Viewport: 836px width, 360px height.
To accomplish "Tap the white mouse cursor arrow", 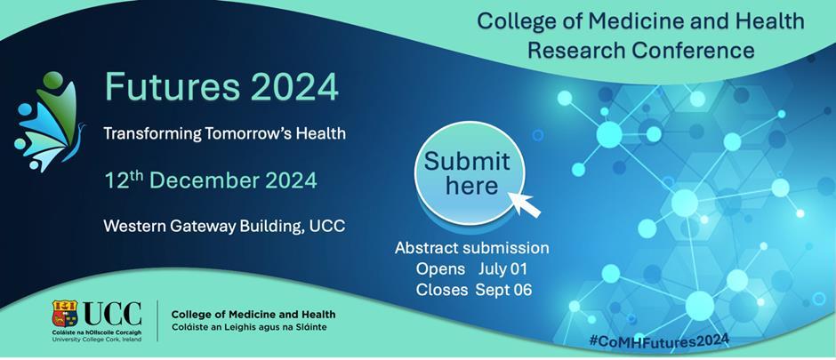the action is pyautogui.click(x=524, y=204).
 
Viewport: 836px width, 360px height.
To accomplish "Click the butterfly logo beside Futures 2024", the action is pyautogui.click(x=49, y=121).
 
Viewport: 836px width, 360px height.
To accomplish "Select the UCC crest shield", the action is pyautogui.click(x=65, y=313).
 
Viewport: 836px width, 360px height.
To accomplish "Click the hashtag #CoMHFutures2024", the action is pyautogui.click(x=659, y=340).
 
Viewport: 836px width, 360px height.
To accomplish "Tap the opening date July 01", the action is pyautogui.click(x=502, y=269).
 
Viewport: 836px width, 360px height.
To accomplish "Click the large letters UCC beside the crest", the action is pyautogui.click(x=112, y=312).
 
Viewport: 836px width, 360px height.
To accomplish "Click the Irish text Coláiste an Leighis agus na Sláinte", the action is pyautogui.click(x=249, y=326).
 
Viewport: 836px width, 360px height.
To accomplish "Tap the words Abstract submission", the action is pyautogui.click(x=471, y=248).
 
